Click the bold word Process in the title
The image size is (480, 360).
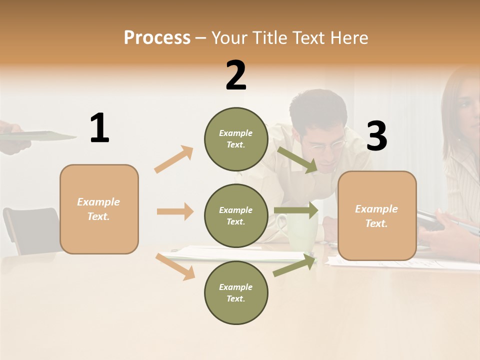click(157, 38)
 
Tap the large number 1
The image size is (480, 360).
click(99, 128)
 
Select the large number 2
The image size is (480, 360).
click(236, 75)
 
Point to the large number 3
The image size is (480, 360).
click(376, 136)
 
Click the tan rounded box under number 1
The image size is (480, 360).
click(99, 209)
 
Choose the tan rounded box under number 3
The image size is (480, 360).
click(377, 215)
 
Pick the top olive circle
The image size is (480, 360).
click(236, 139)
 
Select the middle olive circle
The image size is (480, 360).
click(236, 215)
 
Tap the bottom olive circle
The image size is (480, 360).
click(236, 292)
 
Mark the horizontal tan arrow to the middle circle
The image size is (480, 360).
click(175, 211)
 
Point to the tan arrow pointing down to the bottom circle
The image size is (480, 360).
click(175, 266)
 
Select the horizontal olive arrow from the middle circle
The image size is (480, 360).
click(296, 210)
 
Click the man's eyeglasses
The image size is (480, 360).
click(327, 145)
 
